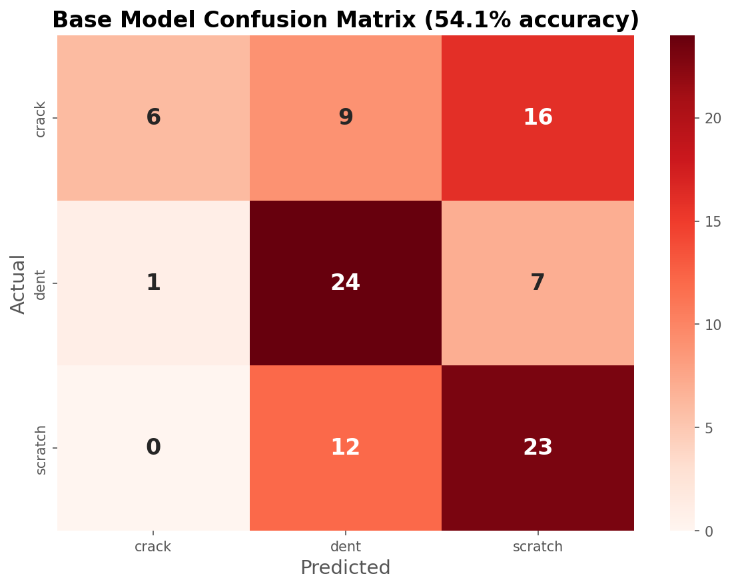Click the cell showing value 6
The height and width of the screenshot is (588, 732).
click(x=153, y=117)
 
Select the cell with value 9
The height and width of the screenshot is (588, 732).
click(x=346, y=117)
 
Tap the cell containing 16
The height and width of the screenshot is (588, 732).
click(x=538, y=117)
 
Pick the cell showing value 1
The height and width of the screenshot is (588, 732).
click(x=153, y=283)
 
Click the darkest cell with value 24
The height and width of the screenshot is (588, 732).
click(x=346, y=283)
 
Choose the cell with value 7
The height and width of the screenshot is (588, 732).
click(x=538, y=283)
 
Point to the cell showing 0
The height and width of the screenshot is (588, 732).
click(x=153, y=447)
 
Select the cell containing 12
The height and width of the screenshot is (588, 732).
click(x=346, y=447)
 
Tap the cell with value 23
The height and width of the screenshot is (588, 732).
click(x=538, y=447)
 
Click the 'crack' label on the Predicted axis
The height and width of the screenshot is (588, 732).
click(x=153, y=547)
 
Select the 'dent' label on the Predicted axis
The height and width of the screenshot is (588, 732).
click(x=346, y=547)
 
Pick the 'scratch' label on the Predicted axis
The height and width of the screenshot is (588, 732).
click(x=538, y=547)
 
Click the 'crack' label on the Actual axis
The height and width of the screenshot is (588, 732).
click(x=41, y=119)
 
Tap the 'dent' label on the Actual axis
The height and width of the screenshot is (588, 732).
click(x=41, y=284)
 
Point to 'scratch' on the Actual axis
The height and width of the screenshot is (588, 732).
click(x=41, y=449)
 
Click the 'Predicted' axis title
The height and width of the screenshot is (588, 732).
click(x=345, y=568)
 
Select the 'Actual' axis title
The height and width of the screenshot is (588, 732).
click(x=18, y=283)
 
